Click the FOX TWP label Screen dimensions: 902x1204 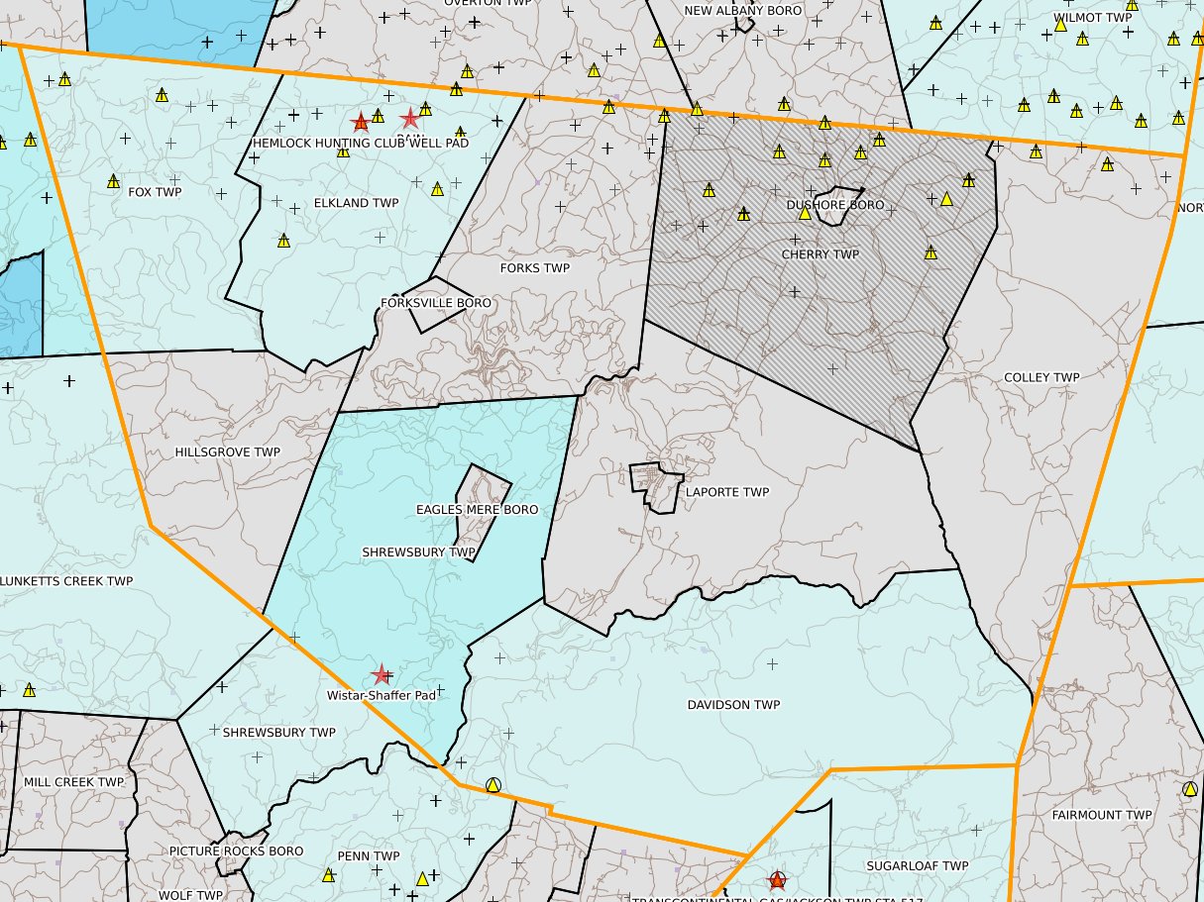(x=155, y=192)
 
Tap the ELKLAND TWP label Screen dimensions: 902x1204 (x=356, y=203)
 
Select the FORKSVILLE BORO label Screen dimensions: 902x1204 (x=435, y=303)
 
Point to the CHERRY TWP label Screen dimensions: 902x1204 (x=820, y=254)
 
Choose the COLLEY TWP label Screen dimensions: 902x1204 (x=1041, y=378)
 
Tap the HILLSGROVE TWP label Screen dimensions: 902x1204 (x=227, y=452)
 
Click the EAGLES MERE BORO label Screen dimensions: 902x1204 (x=477, y=510)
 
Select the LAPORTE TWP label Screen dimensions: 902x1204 (x=727, y=492)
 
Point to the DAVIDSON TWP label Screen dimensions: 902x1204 (x=733, y=705)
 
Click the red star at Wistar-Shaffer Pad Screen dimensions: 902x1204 (x=381, y=675)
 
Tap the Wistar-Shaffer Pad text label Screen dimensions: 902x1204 (x=382, y=695)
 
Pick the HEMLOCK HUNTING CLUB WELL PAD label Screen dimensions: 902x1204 (x=360, y=143)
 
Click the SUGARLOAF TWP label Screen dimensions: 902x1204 (x=917, y=866)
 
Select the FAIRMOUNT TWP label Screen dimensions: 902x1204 (x=1102, y=816)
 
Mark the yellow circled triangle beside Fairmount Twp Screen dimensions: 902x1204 (x=1190, y=789)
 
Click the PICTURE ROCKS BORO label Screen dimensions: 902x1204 (x=236, y=852)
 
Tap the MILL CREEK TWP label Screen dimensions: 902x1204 (x=73, y=782)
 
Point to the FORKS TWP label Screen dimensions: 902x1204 (x=535, y=268)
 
